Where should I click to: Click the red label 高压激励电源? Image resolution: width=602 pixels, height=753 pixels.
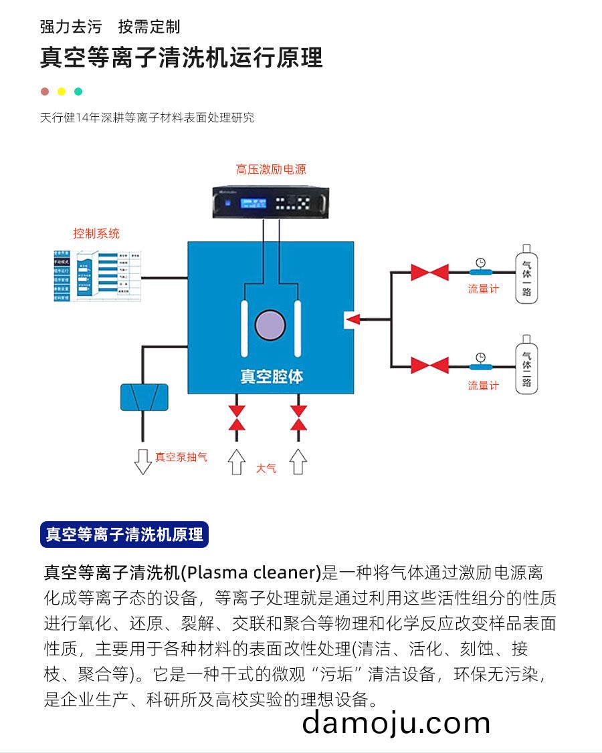coord(271,170)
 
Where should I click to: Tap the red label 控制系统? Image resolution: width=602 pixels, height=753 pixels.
coord(96,233)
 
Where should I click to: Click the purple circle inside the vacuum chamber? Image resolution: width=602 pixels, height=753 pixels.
coord(270,325)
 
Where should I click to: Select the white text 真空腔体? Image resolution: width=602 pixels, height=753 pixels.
coord(272,377)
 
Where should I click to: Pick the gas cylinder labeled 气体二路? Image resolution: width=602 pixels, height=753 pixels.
coord(526,367)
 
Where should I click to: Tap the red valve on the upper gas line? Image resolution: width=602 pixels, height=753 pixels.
coord(429,272)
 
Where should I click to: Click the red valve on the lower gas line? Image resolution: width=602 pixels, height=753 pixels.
coord(429,365)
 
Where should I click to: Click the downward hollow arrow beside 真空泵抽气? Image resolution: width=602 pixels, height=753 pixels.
coord(142,460)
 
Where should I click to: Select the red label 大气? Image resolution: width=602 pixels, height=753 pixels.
coord(266,468)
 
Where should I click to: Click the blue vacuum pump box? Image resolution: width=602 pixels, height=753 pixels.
coord(144,397)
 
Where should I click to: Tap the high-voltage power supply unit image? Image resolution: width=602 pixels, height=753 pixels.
coord(271,200)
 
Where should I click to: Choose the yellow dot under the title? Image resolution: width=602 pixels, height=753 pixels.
coord(62,92)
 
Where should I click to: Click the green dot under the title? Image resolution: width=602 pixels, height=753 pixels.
coord(78,92)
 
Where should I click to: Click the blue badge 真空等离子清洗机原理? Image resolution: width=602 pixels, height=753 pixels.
coord(124,535)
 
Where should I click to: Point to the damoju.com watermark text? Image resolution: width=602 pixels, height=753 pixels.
coord(396,723)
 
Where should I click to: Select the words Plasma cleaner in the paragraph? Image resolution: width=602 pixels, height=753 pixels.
coord(252,573)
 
